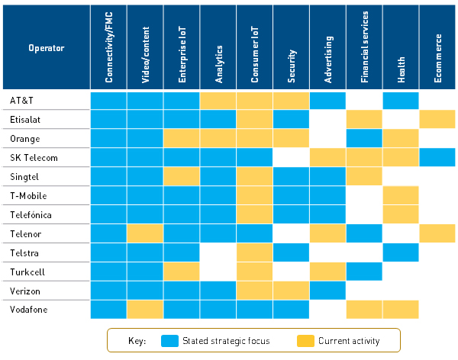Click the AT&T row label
tap(21, 100)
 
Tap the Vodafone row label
tap(27, 310)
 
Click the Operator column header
tap(46, 48)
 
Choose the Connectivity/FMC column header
tap(108, 48)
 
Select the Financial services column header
tap(365, 48)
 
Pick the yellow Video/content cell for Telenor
tap(145, 233)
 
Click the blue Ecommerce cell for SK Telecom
tap(438, 157)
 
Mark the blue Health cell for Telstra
tap(402, 252)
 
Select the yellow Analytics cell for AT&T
tap(218, 100)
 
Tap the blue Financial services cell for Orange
tap(365, 138)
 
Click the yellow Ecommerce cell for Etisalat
tap(438, 119)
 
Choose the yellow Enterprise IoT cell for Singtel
tap(182, 176)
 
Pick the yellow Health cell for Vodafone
tap(402, 310)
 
